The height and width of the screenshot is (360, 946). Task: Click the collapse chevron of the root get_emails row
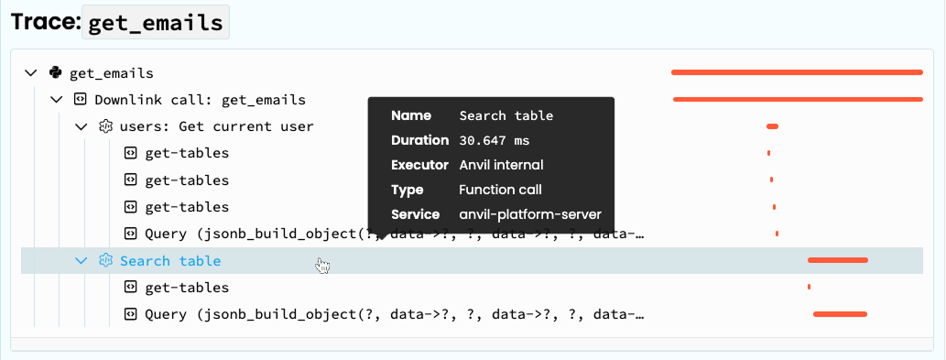(x=31, y=73)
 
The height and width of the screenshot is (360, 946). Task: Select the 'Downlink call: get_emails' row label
(x=200, y=100)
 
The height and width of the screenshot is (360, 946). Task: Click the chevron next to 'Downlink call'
(x=56, y=100)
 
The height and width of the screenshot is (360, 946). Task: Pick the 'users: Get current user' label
(x=216, y=126)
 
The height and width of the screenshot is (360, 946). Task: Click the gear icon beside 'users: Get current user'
(x=105, y=126)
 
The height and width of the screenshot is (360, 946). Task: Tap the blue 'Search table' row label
(x=170, y=261)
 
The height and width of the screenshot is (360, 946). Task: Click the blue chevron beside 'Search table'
(x=81, y=261)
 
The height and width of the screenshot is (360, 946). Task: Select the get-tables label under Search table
(x=187, y=288)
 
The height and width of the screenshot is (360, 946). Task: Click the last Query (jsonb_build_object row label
(x=394, y=315)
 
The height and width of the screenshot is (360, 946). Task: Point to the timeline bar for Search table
(x=837, y=261)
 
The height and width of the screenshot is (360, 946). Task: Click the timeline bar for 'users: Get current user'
(x=772, y=126)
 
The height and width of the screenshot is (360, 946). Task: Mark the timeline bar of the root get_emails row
(x=797, y=72)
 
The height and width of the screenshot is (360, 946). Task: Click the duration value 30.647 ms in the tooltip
(x=494, y=141)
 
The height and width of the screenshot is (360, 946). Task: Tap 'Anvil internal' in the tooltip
(x=501, y=166)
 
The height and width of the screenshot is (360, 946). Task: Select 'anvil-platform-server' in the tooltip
(x=530, y=215)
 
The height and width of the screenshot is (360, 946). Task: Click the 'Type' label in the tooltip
(x=408, y=191)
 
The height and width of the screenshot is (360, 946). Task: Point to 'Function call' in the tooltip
(x=500, y=191)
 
